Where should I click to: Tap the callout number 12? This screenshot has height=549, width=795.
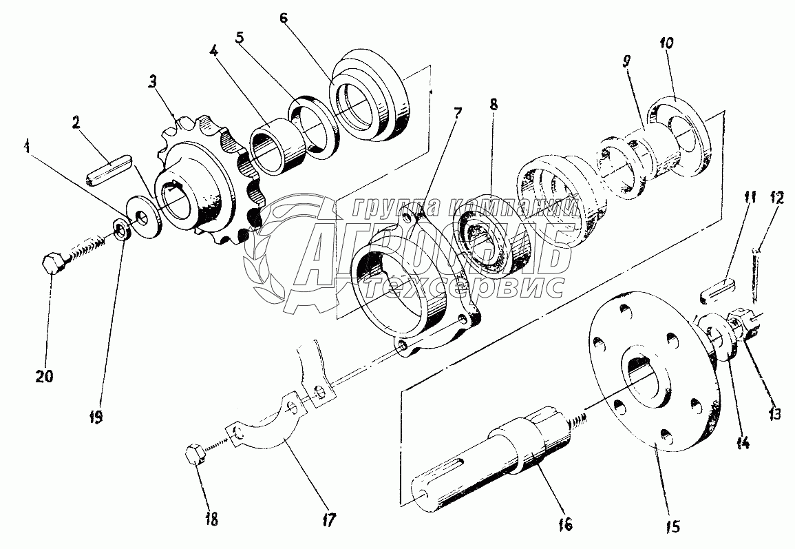(776, 199)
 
